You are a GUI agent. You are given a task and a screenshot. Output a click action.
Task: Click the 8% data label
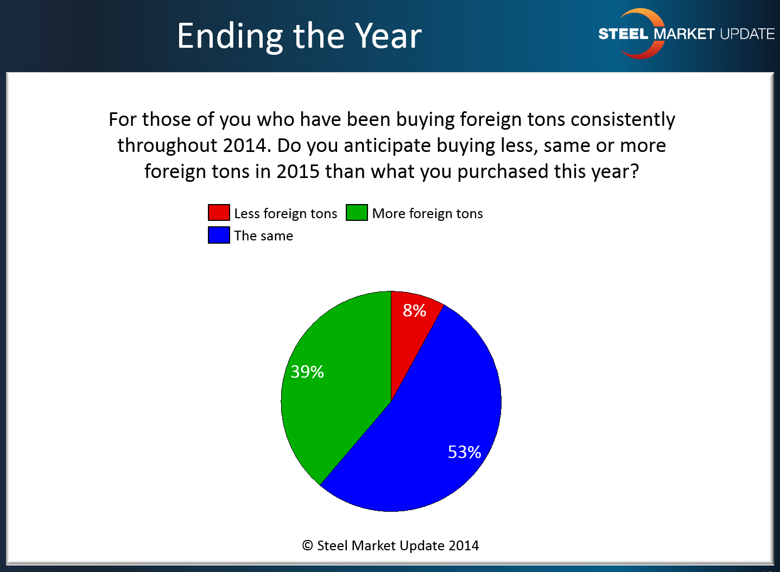pos(414,310)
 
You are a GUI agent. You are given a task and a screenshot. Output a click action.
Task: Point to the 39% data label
pos(307,371)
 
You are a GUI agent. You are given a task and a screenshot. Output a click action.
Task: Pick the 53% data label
pos(464,452)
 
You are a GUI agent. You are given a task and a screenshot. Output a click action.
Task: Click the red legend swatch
pos(219,212)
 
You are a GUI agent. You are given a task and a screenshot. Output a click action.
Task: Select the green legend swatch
pos(357,212)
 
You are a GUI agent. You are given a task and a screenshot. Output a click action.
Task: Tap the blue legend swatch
pos(219,235)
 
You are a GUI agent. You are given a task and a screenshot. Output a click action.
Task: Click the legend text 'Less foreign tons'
pos(286,213)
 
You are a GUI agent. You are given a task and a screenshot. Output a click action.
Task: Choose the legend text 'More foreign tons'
pos(428,213)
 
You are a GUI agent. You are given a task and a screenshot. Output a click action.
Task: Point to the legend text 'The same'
pos(264,236)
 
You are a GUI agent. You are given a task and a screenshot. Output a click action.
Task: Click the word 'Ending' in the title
pos(230,36)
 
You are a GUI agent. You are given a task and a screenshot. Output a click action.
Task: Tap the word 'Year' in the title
pos(389,36)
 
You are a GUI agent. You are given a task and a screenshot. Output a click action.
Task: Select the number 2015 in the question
pos(298,171)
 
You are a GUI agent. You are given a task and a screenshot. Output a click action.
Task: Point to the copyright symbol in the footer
pos(307,545)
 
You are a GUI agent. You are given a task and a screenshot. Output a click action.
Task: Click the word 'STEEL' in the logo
pos(623,34)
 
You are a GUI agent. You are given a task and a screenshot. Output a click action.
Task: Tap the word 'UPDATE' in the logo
pos(747,34)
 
